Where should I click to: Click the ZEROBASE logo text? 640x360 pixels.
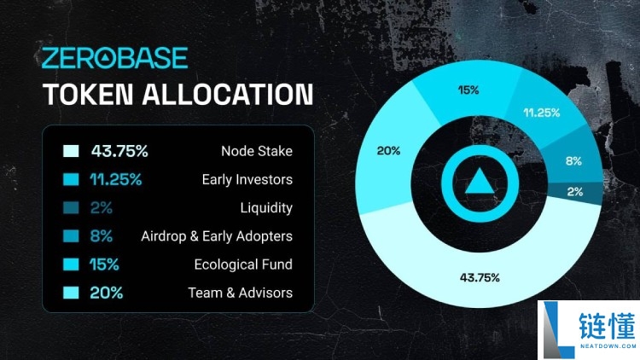[114, 57]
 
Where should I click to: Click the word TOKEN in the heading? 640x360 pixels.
[88, 95]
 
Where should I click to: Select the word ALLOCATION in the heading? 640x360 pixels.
[228, 95]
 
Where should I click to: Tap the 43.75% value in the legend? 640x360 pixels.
[119, 151]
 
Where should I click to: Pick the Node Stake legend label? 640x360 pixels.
[257, 151]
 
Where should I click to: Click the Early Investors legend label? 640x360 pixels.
[247, 180]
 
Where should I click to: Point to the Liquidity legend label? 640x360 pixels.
[266, 208]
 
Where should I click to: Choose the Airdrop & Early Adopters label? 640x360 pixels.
[217, 236]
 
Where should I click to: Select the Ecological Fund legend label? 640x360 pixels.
[243, 264]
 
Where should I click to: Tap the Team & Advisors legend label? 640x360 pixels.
[240, 293]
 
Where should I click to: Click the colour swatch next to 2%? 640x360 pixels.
[71, 208]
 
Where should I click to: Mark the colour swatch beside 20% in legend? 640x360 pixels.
[71, 293]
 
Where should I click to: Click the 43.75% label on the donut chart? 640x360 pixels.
[480, 278]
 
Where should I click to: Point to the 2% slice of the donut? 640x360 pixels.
[574, 192]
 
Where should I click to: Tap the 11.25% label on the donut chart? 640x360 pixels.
[542, 113]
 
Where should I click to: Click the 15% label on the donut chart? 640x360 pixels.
[468, 90]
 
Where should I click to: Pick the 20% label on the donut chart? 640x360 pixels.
[388, 151]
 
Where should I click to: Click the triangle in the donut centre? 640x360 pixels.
[480, 182]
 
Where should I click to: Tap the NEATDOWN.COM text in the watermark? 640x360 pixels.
[608, 345]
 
